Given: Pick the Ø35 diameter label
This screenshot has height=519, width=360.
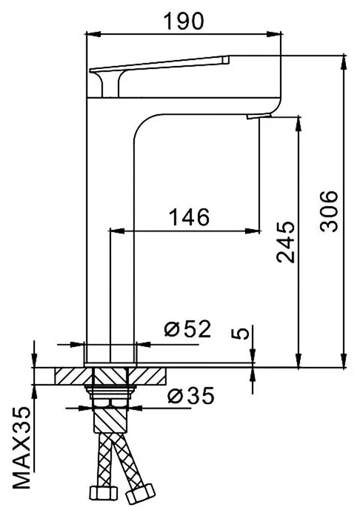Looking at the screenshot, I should coord(190,396).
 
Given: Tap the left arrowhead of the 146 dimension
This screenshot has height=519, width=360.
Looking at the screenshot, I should coord(114,230).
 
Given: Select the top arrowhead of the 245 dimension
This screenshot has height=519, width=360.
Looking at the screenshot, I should coord(299,120).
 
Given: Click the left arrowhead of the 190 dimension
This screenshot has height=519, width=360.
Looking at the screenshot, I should coord(91,33).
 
